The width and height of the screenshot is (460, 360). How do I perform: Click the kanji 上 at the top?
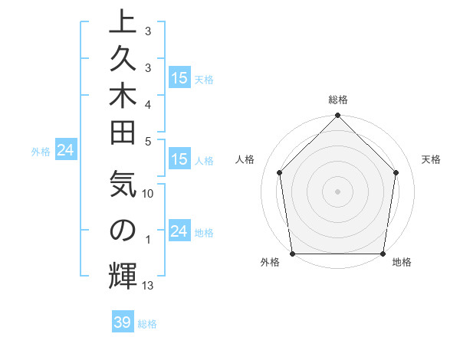123,23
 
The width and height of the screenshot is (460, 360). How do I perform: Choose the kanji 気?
123,188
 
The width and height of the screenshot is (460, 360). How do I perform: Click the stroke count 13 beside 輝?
148,286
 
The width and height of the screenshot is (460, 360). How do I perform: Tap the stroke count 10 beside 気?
148,194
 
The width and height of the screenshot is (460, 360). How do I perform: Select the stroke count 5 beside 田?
148,141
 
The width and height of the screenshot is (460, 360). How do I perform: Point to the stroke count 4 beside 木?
148,103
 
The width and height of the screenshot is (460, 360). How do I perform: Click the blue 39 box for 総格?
123,323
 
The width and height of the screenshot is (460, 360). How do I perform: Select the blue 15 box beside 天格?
179,77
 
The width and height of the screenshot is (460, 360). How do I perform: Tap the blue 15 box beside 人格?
179,160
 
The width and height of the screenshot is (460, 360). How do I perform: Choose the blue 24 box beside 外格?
66,150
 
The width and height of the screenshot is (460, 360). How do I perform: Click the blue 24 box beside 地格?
179,231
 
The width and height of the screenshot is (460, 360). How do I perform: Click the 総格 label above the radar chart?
338,100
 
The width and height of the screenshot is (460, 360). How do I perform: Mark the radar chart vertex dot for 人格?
280,172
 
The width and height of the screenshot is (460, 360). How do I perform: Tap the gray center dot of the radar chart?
338,191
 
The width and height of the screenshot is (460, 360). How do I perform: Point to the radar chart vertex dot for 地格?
383,254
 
